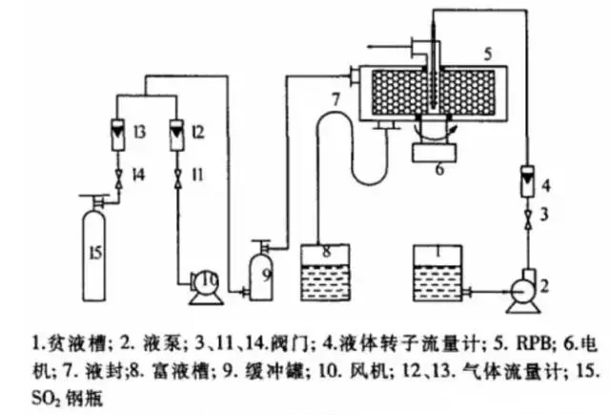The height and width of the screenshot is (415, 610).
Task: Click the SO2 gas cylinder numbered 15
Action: tap(96, 249)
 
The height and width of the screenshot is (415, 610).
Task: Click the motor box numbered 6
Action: tap(439, 150)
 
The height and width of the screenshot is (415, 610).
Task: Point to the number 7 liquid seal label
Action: tap(335, 99)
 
